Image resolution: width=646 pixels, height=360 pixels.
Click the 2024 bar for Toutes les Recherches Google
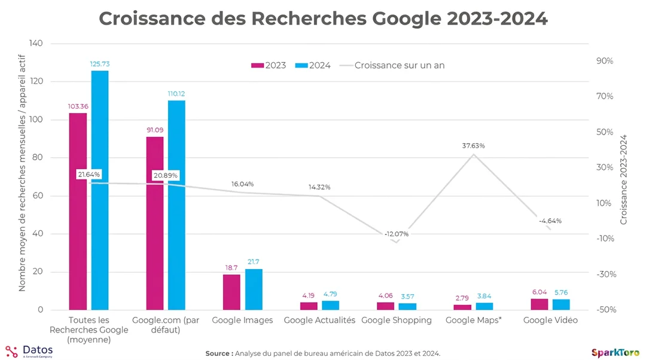point(100,190)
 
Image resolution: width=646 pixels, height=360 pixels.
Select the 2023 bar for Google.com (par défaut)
point(154,223)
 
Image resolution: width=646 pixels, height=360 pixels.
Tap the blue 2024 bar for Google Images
point(254,289)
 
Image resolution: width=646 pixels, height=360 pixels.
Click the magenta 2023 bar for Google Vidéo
point(540,304)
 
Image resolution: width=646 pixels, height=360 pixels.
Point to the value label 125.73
point(100,64)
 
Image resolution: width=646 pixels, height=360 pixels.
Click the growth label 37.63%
point(473,145)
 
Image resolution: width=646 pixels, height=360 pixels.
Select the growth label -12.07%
point(397,234)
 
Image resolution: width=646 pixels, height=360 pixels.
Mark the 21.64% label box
point(89,174)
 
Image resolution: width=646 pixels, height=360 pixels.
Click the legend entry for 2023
point(268,65)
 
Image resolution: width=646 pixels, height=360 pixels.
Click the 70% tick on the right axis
point(604,96)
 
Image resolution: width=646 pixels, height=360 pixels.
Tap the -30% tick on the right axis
point(604,274)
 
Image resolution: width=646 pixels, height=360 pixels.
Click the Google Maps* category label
point(473,320)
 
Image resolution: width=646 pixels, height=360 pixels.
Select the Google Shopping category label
point(397,320)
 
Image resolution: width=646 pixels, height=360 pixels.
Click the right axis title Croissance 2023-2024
point(624,179)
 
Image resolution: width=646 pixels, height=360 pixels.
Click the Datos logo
point(29,351)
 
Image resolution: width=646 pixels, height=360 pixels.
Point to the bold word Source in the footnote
point(219,353)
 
